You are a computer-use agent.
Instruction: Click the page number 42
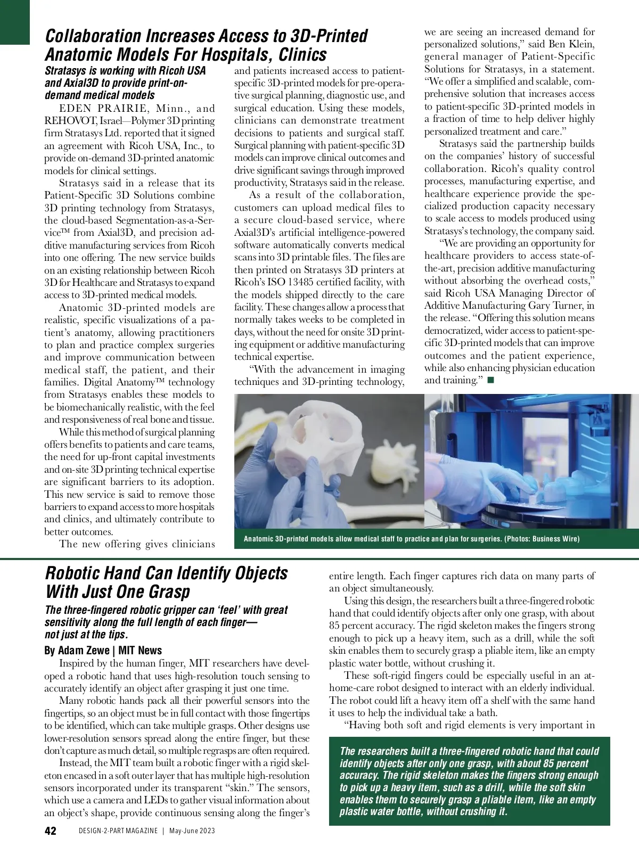tap(51, 831)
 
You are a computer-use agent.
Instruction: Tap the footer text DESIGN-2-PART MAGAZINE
tap(118, 831)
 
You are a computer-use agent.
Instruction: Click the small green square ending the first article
tap(490, 380)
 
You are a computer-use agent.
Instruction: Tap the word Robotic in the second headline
tap(77, 573)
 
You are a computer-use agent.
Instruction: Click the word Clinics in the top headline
tap(302, 55)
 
